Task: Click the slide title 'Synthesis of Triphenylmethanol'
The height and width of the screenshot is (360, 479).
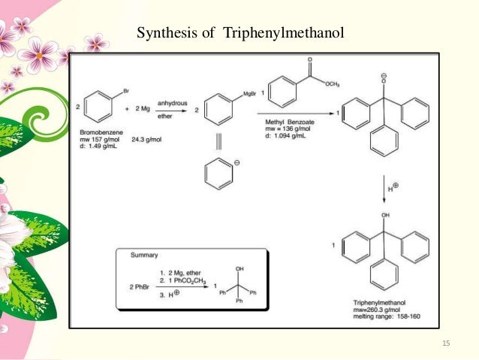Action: point(239,34)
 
